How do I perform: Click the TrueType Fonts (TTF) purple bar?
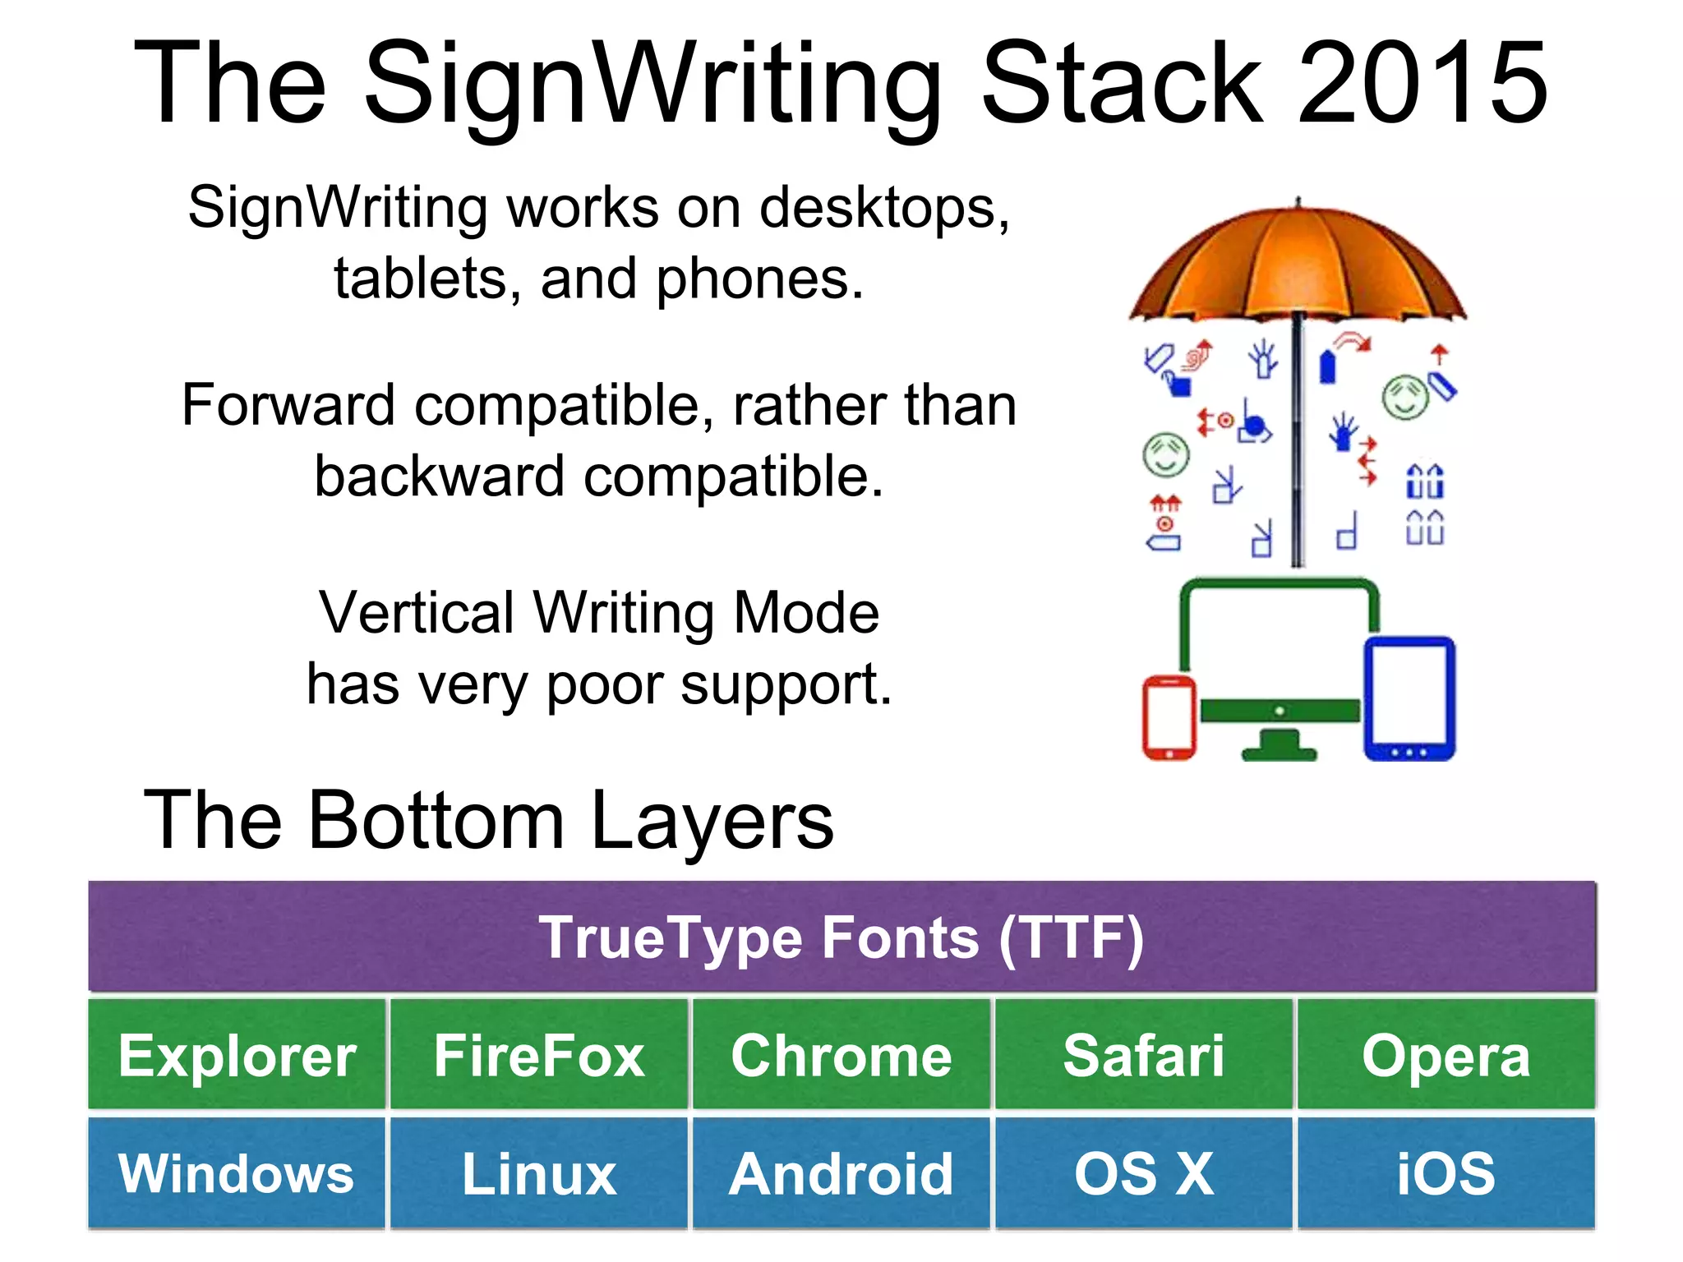(x=841, y=937)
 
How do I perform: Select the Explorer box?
(x=237, y=1055)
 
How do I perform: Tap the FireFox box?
(x=539, y=1055)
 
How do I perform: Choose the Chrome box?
(x=841, y=1055)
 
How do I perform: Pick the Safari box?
(x=1144, y=1055)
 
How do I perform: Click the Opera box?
(x=1446, y=1055)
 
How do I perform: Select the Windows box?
(x=237, y=1173)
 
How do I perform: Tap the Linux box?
(x=539, y=1173)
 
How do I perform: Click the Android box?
(x=841, y=1173)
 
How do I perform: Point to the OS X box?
(x=1144, y=1173)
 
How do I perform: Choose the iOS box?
(x=1446, y=1173)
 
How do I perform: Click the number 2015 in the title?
(x=1422, y=84)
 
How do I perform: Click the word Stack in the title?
(x=1122, y=84)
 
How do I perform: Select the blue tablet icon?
(x=1409, y=698)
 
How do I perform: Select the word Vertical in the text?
(x=416, y=614)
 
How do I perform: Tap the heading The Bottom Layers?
(x=488, y=820)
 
